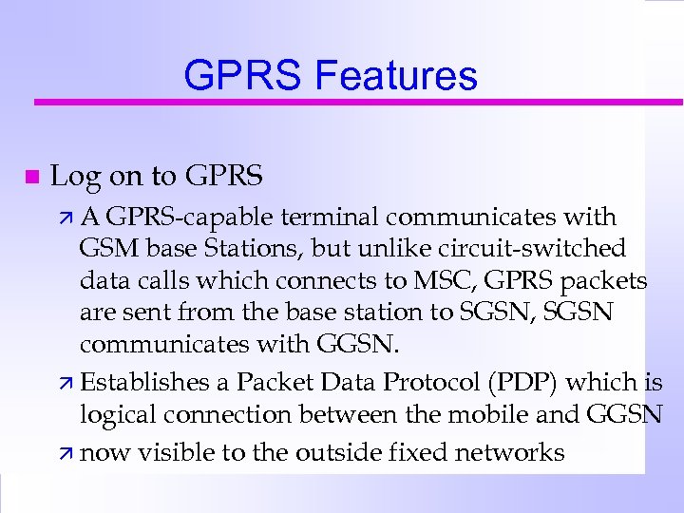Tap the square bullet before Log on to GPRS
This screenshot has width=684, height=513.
point(31,177)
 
